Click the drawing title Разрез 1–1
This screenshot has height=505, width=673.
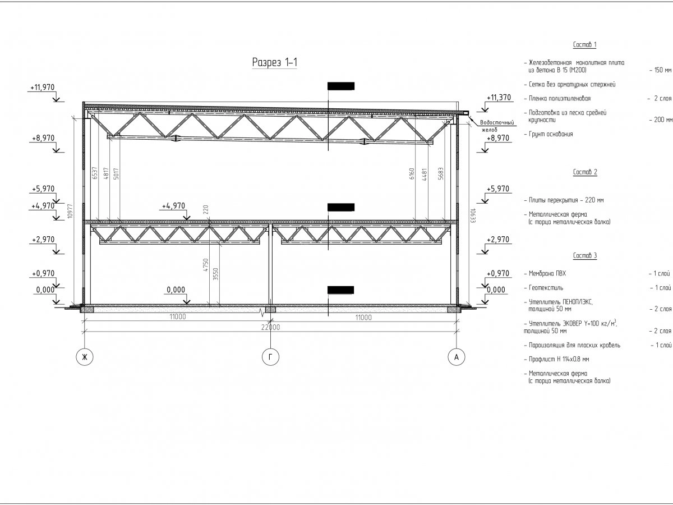274,63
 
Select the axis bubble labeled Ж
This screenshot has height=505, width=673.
85,357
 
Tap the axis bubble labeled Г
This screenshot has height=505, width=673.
270,357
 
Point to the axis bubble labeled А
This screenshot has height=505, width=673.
457,357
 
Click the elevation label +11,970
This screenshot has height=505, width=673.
43,88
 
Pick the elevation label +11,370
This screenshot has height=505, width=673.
499,98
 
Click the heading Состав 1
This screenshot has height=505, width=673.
585,45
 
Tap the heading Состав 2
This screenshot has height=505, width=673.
585,172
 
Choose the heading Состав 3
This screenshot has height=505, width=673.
585,256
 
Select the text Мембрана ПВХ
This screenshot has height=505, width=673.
547,274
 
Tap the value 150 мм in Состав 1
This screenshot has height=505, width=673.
660,71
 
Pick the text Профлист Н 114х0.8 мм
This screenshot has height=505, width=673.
559,359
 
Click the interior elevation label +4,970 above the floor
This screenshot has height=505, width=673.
173,206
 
